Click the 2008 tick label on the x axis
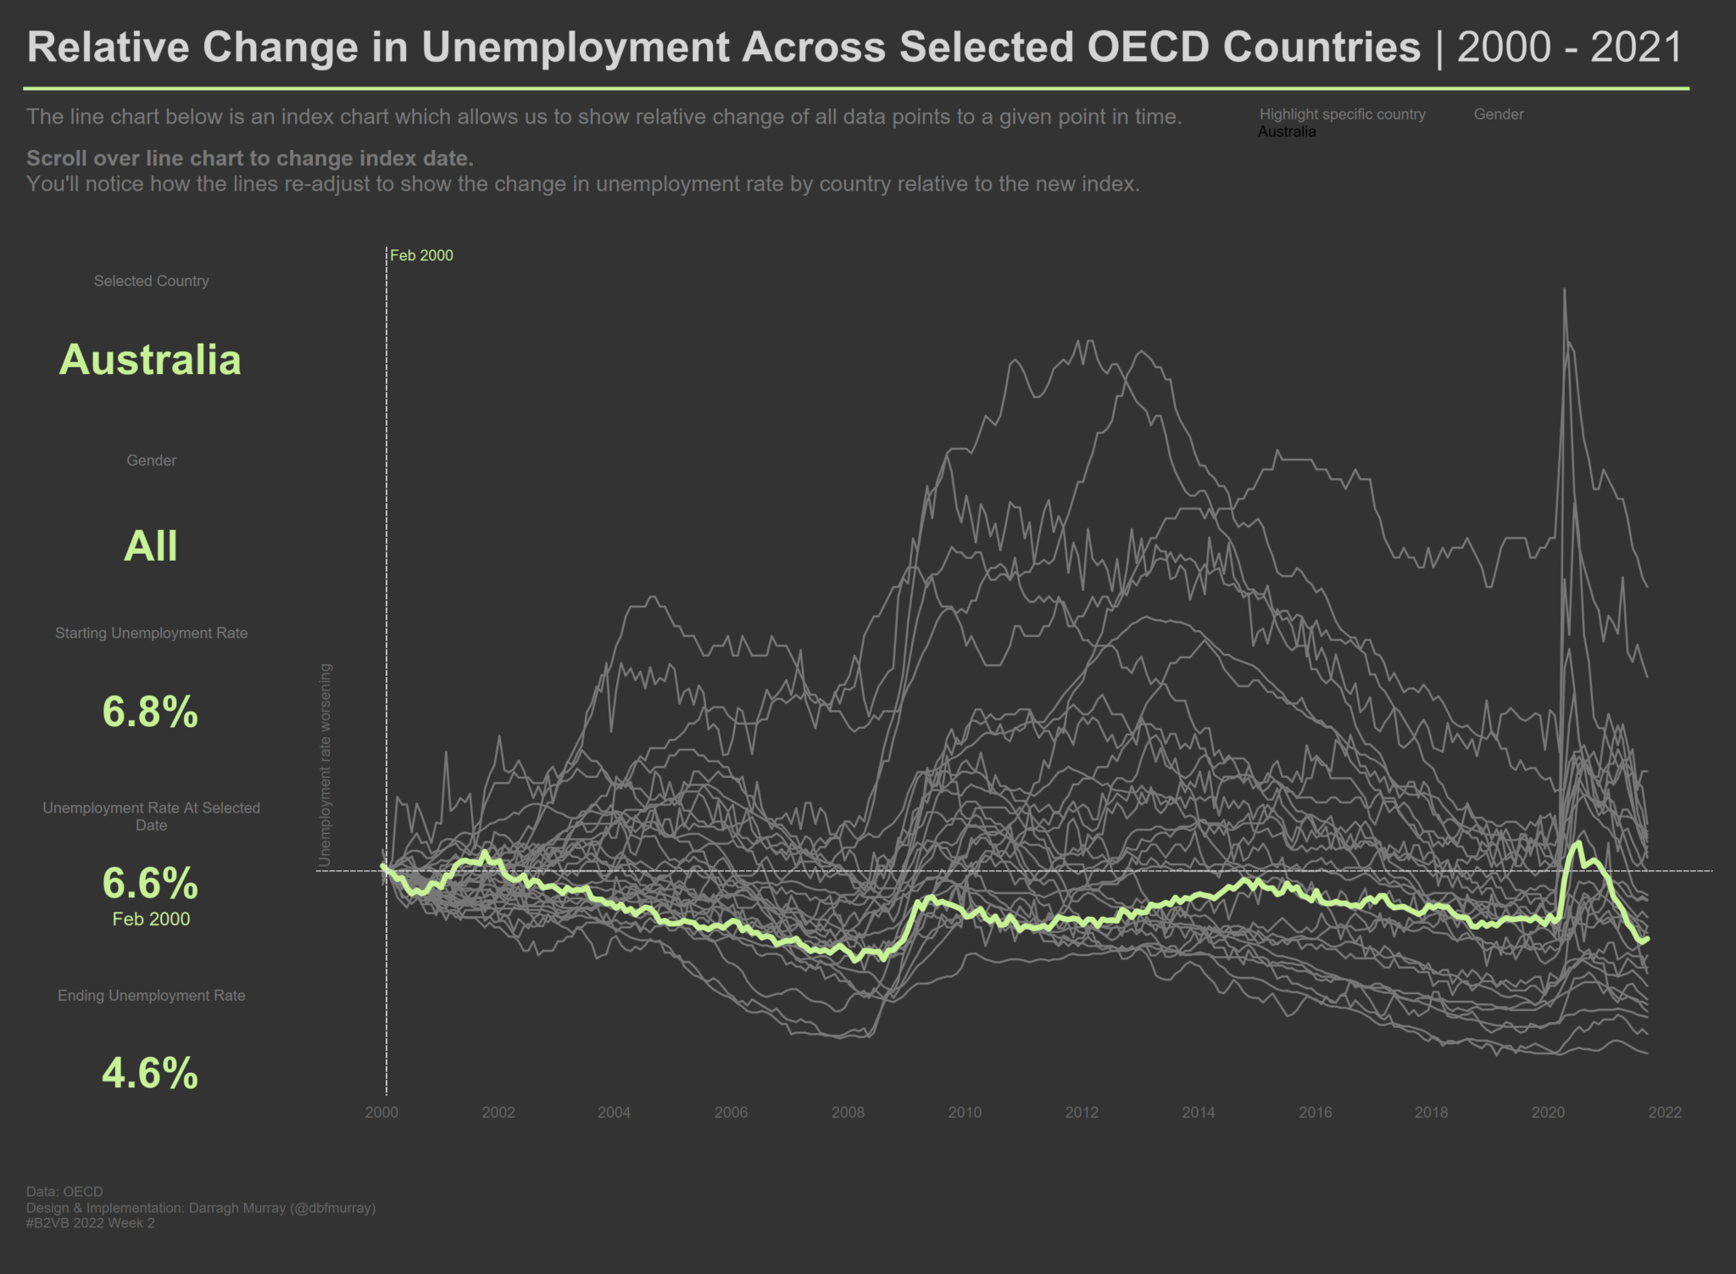click(x=848, y=1113)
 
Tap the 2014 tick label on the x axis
click(x=1199, y=1113)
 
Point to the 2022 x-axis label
click(x=1665, y=1113)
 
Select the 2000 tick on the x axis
click(x=381, y=1113)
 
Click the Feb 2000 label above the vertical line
click(x=421, y=255)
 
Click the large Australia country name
click(x=150, y=360)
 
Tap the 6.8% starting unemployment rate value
click(x=150, y=711)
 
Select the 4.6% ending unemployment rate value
click(x=150, y=1073)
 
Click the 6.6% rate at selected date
click(x=150, y=883)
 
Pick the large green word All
click(x=151, y=545)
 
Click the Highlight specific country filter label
click(x=1342, y=115)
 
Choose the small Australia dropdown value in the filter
click(x=1287, y=132)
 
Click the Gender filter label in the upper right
click(x=1498, y=115)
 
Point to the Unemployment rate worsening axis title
click(x=325, y=765)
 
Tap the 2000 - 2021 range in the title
click(x=1569, y=47)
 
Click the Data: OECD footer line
click(x=64, y=1192)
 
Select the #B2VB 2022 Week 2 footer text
click(x=91, y=1223)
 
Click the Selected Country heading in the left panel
click(x=151, y=281)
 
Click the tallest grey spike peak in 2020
click(x=1564, y=290)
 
